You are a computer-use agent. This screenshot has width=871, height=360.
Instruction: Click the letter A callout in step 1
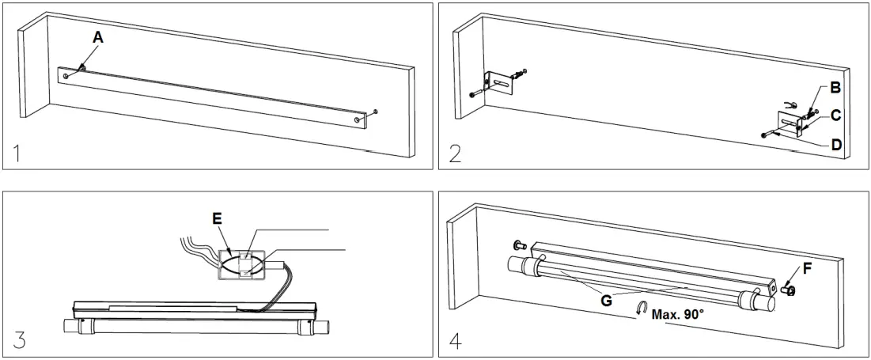click(97, 37)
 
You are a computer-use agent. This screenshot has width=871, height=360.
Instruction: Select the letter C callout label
click(836, 115)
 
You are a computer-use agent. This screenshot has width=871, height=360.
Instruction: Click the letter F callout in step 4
click(806, 268)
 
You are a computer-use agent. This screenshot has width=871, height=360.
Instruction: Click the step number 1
click(17, 153)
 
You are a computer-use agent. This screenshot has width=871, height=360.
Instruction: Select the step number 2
click(455, 153)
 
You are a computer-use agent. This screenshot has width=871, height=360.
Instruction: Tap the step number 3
click(19, 341)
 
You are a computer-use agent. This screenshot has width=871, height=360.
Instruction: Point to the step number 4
click(456, 341)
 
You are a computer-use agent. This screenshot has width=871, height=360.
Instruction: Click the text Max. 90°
click(679, 314)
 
